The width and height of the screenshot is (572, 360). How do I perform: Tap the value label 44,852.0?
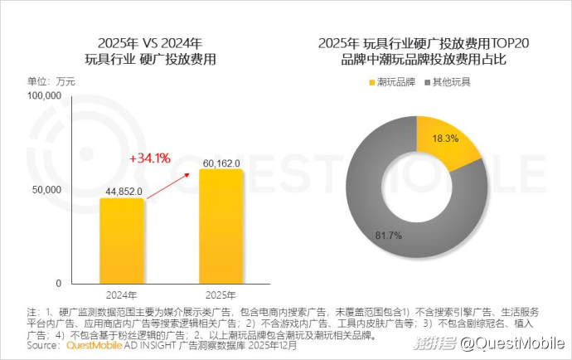[x=125, y=192]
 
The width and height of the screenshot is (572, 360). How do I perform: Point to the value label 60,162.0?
[x=221, y=163]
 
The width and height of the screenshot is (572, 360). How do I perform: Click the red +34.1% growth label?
[x=149, y=156]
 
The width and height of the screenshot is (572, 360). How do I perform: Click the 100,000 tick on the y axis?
[x=46, y=96]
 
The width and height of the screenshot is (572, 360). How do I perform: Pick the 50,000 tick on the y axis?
[x=49, y=190]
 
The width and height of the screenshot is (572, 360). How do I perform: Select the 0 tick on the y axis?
[x=61, y=284]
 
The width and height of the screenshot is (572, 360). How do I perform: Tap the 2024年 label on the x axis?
[x=121, y=294]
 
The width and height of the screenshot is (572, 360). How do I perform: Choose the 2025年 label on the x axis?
[x=220, y=294]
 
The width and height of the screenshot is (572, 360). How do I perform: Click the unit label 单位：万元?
[x=51, y=80]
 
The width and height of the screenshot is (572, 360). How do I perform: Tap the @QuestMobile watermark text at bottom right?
[x=511, y=343]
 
